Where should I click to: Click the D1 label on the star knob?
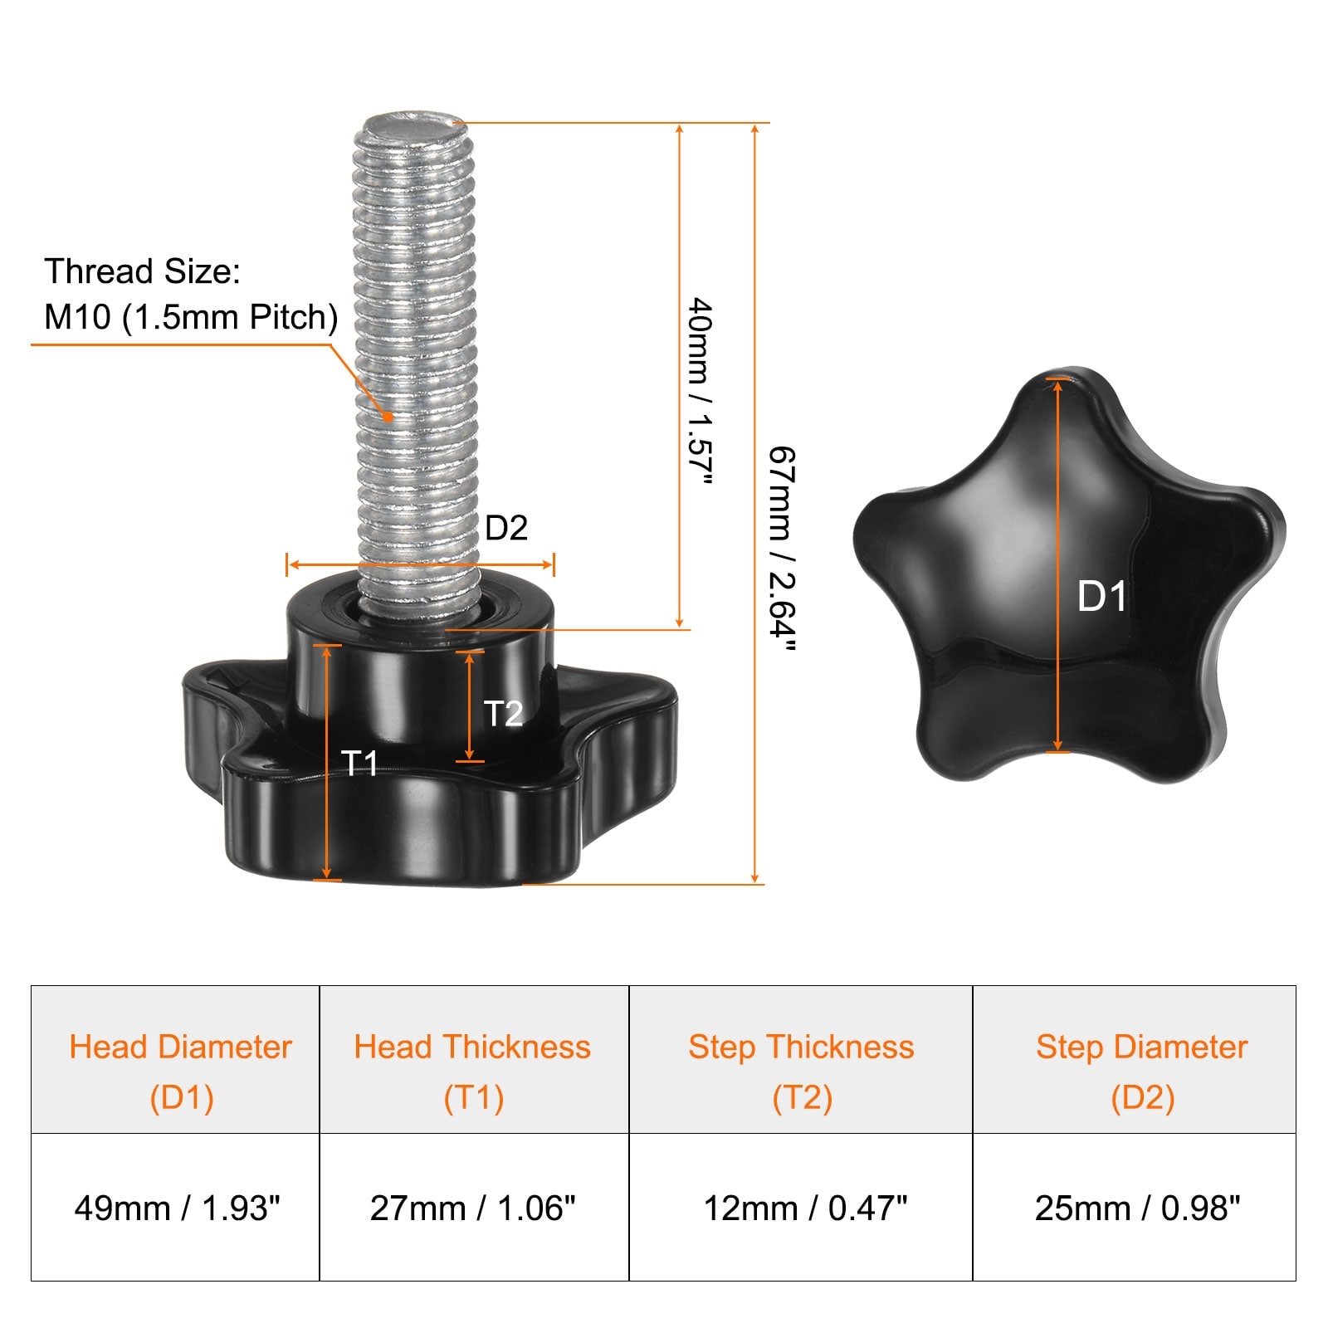(1101, 597)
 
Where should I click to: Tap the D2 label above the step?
(505, 528)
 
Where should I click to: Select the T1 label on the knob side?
(360, 763)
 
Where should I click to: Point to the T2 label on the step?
(503, 714)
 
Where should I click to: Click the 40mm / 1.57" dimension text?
(701, 390)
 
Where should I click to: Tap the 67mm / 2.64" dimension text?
(782, 549)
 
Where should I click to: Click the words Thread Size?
(142, 271)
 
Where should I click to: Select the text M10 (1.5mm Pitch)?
(191, 317)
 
